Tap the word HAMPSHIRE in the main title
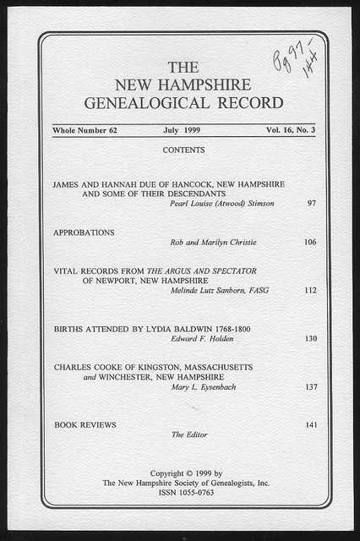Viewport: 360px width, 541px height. coord(208,85)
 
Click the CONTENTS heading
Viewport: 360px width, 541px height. coord(183,150)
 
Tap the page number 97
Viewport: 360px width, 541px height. coord(311,204)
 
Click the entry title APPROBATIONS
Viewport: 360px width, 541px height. coord(84,232)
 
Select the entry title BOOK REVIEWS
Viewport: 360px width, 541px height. coord(85,424)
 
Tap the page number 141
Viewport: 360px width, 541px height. coord(310,424)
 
